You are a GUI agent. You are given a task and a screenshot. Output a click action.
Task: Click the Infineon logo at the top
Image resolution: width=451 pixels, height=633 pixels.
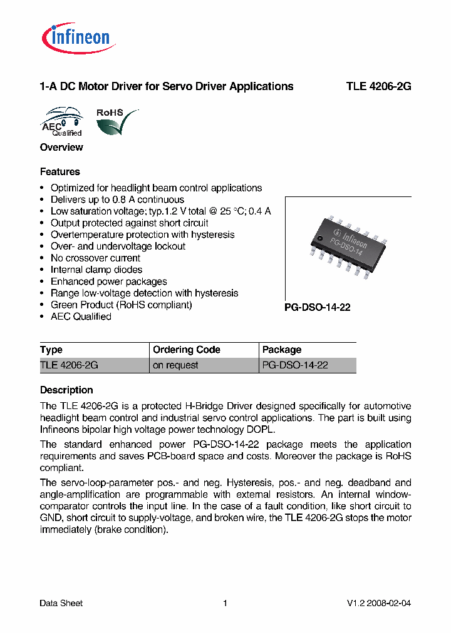click(x=78, y=38)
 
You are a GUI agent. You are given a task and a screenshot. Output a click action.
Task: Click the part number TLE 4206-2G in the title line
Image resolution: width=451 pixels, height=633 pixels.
click(x=378, y=87)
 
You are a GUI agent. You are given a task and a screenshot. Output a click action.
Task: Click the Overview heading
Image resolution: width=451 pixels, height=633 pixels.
click(x=61, y=148)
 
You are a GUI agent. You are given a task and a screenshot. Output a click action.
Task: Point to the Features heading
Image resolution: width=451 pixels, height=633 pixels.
click(x=60, y=172)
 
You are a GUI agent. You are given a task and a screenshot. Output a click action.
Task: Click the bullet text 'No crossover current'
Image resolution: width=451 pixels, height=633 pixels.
click(x=95, y=258)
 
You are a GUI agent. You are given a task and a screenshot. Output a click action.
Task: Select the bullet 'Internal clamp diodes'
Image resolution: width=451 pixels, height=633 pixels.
click(x=96, y=270)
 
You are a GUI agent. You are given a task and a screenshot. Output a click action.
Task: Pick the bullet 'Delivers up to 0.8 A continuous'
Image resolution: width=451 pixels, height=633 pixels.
click(x=117, y=200)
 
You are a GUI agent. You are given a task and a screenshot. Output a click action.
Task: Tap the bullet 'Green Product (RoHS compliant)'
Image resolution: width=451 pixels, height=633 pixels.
click(x=121, y=305)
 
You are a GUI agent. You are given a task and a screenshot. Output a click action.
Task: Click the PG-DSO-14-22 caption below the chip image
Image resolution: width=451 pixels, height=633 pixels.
click(x=318, y=308)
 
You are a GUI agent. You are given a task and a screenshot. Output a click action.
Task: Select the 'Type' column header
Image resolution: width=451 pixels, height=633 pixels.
click(x=51, y=350)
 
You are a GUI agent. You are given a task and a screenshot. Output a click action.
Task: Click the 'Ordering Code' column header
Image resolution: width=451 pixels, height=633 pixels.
click(x=187, y=350)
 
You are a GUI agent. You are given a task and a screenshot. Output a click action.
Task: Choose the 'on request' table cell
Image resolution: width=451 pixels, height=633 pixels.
click(x=175, y=365)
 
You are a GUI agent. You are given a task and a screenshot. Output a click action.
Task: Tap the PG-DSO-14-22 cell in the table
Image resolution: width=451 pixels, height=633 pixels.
click(x=295, y=365)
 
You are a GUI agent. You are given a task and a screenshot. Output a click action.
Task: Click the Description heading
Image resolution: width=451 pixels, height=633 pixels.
click(x=66, y=390)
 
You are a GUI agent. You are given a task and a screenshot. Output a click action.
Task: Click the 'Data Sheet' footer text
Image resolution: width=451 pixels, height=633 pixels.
click(x=61, y=604)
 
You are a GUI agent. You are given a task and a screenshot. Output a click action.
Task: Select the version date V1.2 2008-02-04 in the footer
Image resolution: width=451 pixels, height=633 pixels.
click(x=379, y=604)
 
